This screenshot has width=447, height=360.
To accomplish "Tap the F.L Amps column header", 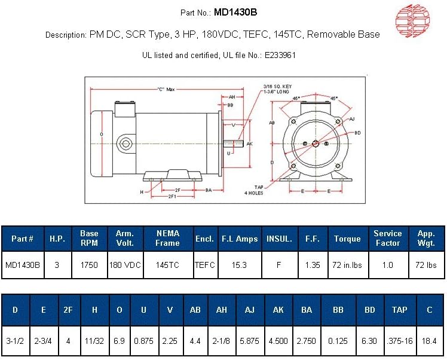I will click(239, 239).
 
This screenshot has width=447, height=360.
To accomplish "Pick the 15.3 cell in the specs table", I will click(239, 264).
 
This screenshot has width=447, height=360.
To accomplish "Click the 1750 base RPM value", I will click(89, 264).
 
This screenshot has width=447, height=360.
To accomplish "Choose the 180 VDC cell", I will click(125, 264).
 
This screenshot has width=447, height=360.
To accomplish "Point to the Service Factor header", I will click(387, 239).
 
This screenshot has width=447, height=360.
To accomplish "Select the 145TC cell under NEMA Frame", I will click(167, 264).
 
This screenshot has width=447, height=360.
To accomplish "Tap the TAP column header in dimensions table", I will click(399, 310).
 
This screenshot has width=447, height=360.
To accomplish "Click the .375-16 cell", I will click(399, 341).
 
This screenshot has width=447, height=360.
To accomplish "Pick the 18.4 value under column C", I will click(430, 341).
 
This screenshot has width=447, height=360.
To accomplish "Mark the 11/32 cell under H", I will click(95, 341).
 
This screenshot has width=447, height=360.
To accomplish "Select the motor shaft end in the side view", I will click(235, 144).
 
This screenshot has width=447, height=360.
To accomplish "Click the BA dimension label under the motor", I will click(209, 190).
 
